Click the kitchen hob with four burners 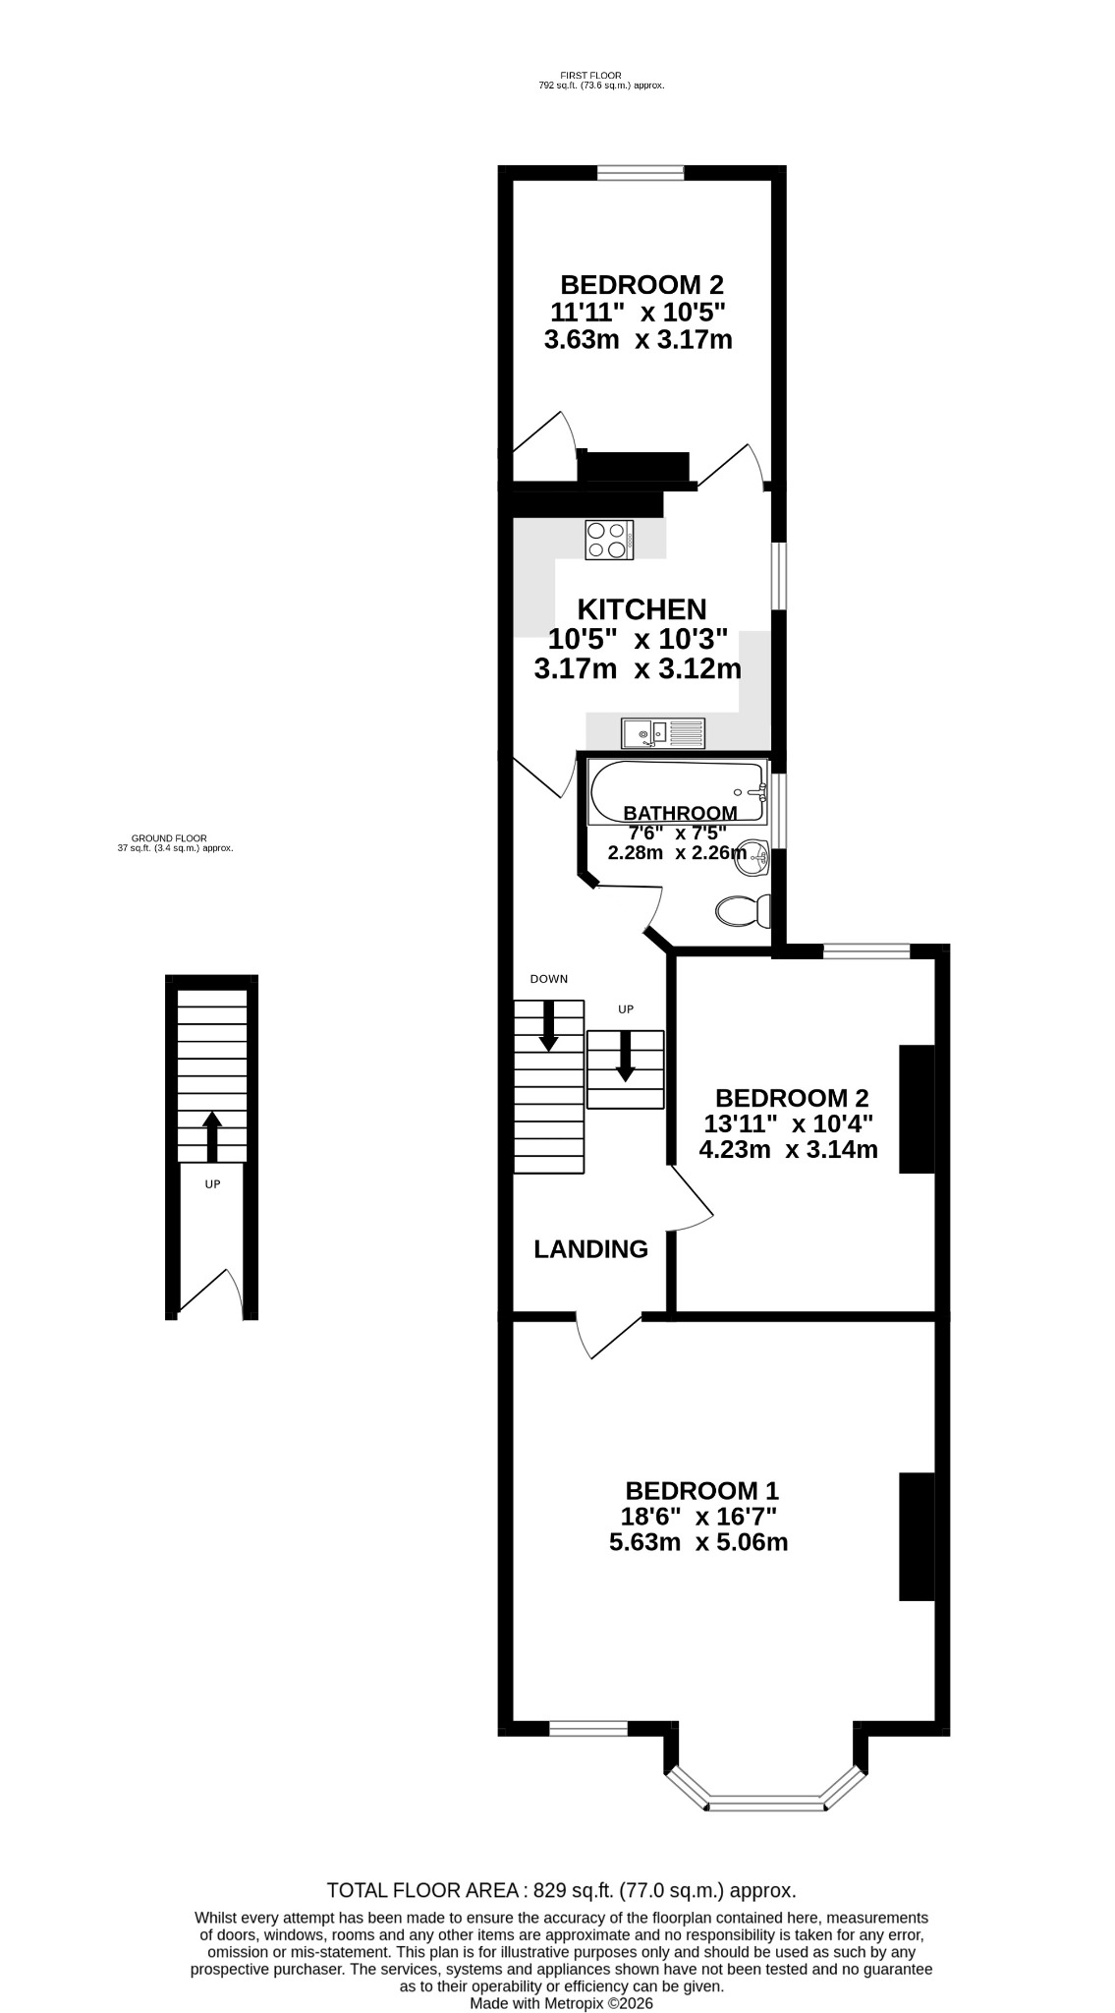(x=609, y=540)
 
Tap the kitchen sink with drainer (x=663, y=732)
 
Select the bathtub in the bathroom (x=678, y=793)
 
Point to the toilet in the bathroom (x=744, y=910)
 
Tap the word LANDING (x=590, y=1249)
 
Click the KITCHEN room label (x=641, y=609)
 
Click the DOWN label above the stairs (x=549, y=979)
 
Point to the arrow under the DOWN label (x=548, y=1024)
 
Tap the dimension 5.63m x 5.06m (x=698, y=1542)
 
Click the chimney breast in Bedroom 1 (x=917, y=1536)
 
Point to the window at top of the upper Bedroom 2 (x=641, y=173)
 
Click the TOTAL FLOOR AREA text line (x=561, y=1890)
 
